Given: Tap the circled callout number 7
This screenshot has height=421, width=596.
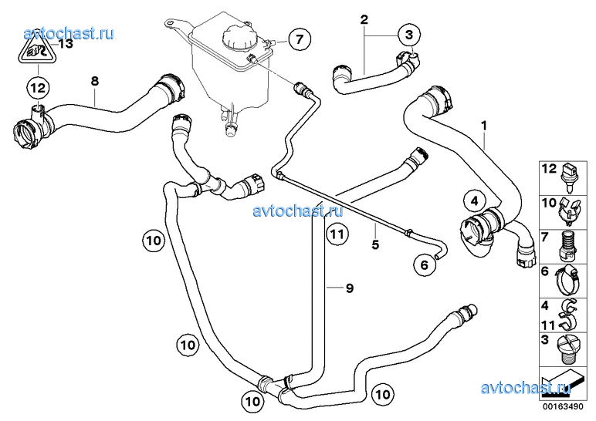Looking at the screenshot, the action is [300, 39].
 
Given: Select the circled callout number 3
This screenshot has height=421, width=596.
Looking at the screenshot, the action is [409, 35].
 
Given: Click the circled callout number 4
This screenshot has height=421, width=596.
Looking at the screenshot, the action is [474, 200].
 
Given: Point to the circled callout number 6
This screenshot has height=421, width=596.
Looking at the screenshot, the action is [425, 265].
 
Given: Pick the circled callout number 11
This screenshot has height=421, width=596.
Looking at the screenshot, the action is [337, 234].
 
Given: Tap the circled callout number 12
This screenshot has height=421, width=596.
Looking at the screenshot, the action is [38, 88].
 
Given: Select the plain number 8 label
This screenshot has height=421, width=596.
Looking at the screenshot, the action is [95, 81].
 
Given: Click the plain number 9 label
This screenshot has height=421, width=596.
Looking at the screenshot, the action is [350, 288].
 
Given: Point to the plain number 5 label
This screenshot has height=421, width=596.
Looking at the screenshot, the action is [375, 245].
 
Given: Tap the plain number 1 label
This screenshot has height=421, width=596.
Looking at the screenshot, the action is [484, 125].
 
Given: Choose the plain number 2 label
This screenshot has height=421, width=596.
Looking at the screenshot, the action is [364, 19].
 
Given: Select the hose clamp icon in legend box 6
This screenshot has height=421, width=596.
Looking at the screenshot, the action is [567, 281].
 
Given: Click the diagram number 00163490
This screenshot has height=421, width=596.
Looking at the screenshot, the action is [564, 406].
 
